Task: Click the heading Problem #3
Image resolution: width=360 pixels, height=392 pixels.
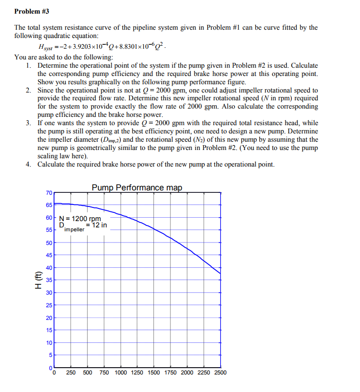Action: [x=32, y=11]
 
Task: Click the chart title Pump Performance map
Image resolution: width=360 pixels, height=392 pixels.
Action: [x=136, y=187]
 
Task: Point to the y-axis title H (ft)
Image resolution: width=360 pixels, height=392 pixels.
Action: [x=38, y=280]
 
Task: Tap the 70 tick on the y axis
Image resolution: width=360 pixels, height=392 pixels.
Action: [x=49, y=193]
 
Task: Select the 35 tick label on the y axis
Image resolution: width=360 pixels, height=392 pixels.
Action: [x=49, y=280]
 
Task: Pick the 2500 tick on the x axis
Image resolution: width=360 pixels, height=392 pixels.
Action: [x=220, y=373]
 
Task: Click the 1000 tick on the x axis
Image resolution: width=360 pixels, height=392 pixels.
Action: [x=121, y=373]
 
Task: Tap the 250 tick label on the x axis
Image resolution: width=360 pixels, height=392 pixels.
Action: [x=71, y=373]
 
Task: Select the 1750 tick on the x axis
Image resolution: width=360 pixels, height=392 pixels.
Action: [x=170, y=373]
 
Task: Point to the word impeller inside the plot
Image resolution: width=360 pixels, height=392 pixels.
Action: [x=74, y=229]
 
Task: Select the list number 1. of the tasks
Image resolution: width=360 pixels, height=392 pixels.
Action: [x=29, y=65]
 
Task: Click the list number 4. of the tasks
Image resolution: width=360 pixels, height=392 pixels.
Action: [x=29, y=165]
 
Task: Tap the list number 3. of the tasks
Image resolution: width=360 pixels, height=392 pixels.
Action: [x=29, y=123]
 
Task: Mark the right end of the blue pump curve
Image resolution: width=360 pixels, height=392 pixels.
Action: [x=220, y=274]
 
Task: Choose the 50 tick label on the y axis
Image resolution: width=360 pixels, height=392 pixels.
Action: [x=49, y=243]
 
